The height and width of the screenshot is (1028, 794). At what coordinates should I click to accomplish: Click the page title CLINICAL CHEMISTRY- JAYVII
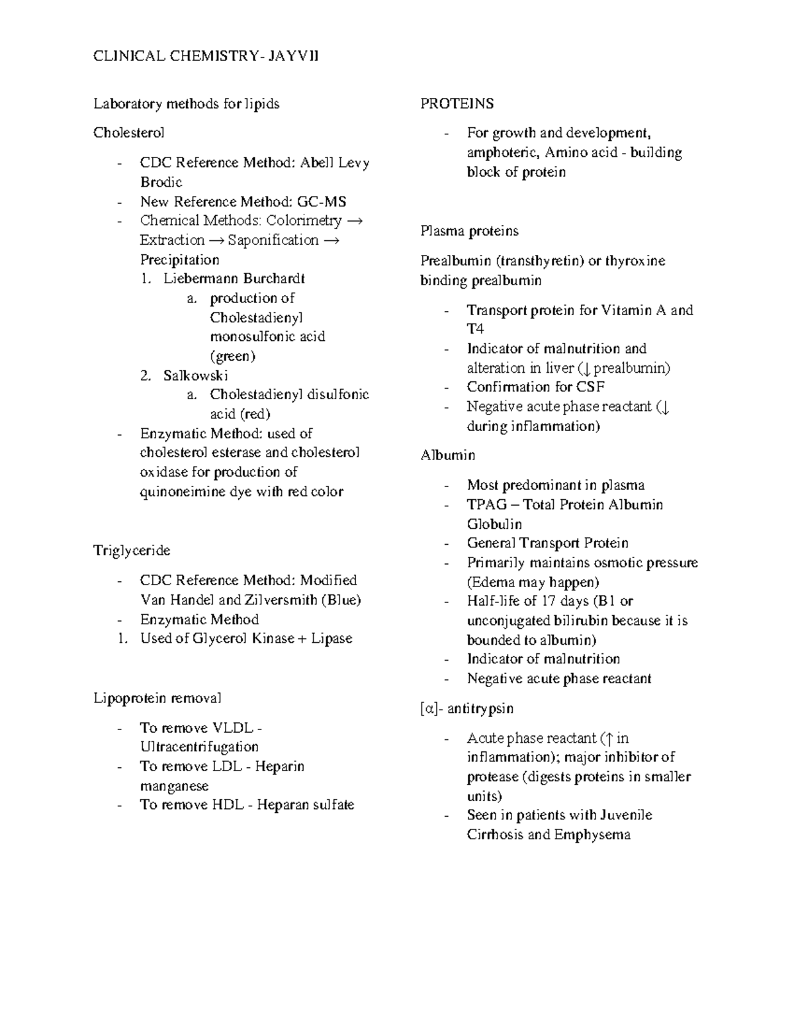pyautogui.click(x=206, y=56)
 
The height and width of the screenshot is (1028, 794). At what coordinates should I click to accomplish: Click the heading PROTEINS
pyautogui.click(x=457, y=104)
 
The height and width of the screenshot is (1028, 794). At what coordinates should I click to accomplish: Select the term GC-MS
pyautogui.click(x=322, y=201)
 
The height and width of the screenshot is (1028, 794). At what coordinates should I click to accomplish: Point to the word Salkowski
pyautogui.click(x=196, y=375)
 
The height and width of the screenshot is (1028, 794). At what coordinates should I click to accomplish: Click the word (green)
pyautogui.click(x=232, y=356)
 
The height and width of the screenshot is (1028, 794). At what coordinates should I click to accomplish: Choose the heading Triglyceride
pyautogui.click(x=132, y=551)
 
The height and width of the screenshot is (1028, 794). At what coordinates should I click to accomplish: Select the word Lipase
pyautogui.click(x=331, y=638)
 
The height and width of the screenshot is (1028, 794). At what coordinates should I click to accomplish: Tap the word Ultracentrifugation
pyautogui.click(x=199, y=747)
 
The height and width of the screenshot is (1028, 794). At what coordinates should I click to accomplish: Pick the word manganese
pyautogui.click(x=174, y=786)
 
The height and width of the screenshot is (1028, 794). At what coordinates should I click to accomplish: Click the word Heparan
pyautogui.click(x=281, y=805)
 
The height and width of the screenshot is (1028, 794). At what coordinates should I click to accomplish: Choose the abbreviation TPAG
pyautogui.click(x=487, y=504)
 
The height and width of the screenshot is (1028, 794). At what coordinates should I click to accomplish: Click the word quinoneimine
pyautogui.click(x=181, y=491)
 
